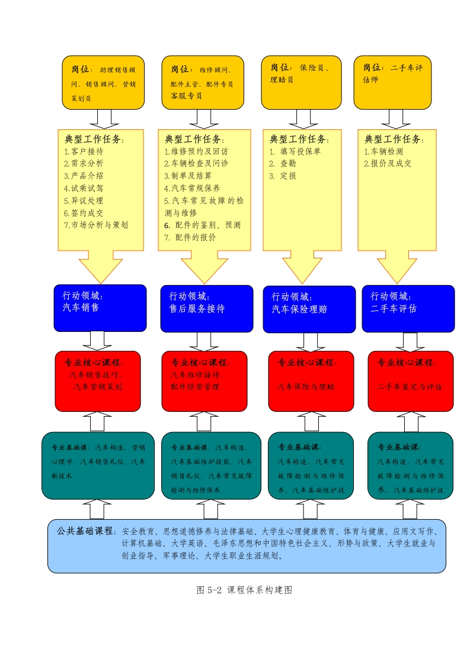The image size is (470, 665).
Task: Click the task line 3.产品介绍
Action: [84, 175]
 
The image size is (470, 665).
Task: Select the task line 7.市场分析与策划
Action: [96, 225]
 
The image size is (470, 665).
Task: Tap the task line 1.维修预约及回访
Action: [196, 151]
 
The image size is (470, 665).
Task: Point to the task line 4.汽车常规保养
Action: [192, 188]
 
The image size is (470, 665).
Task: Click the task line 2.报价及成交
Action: [388, 164]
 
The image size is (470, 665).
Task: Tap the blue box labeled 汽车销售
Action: [100, 308]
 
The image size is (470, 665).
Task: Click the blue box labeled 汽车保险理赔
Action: [309, 309]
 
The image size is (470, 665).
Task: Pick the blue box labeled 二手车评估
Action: [408, 308]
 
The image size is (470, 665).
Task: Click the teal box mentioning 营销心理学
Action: [98, 465]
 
